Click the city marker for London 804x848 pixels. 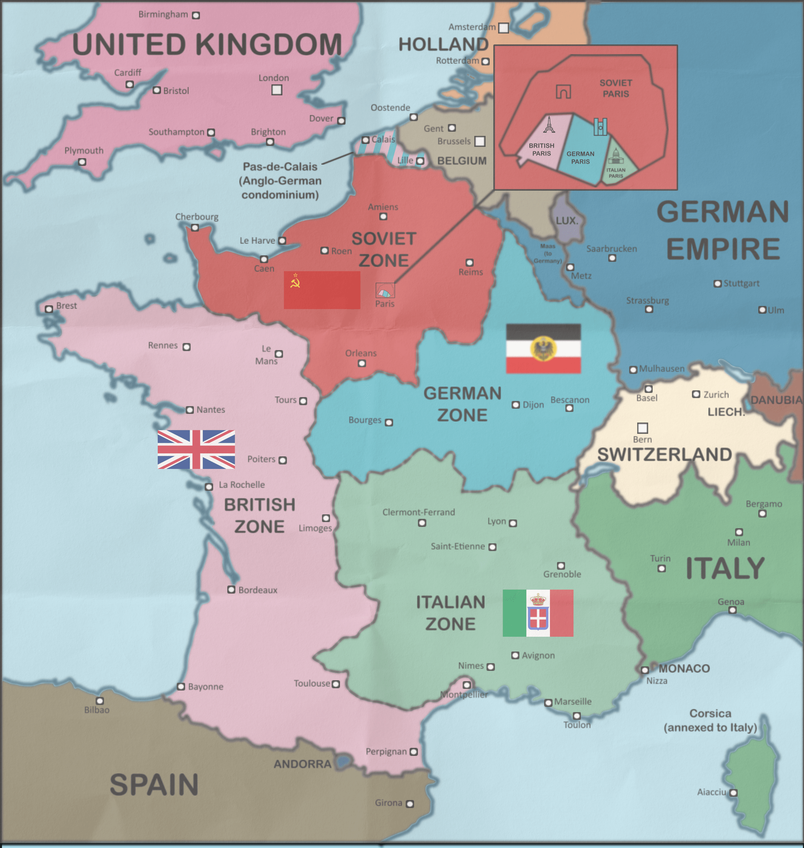point(277,90)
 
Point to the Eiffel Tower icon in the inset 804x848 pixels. point(549,124)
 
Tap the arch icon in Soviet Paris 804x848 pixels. point(563,91)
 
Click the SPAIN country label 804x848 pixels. point(154,785)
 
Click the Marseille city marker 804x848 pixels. point(548,703)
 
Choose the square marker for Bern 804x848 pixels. point(642,428)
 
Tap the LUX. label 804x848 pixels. point(567,221)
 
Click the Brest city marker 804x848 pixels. point(49,309)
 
